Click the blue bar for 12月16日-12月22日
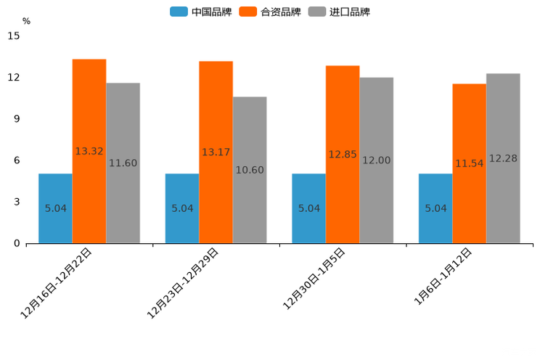click(55, 208)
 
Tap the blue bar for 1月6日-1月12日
click(435, 208)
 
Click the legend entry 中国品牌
click(201, 12)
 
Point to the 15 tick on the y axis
click(14, 36)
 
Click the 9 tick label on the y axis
click(17, 119)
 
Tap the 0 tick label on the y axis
click(17, 243)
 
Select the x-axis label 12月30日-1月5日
click(314, 279)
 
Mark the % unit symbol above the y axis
click(26, 21)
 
